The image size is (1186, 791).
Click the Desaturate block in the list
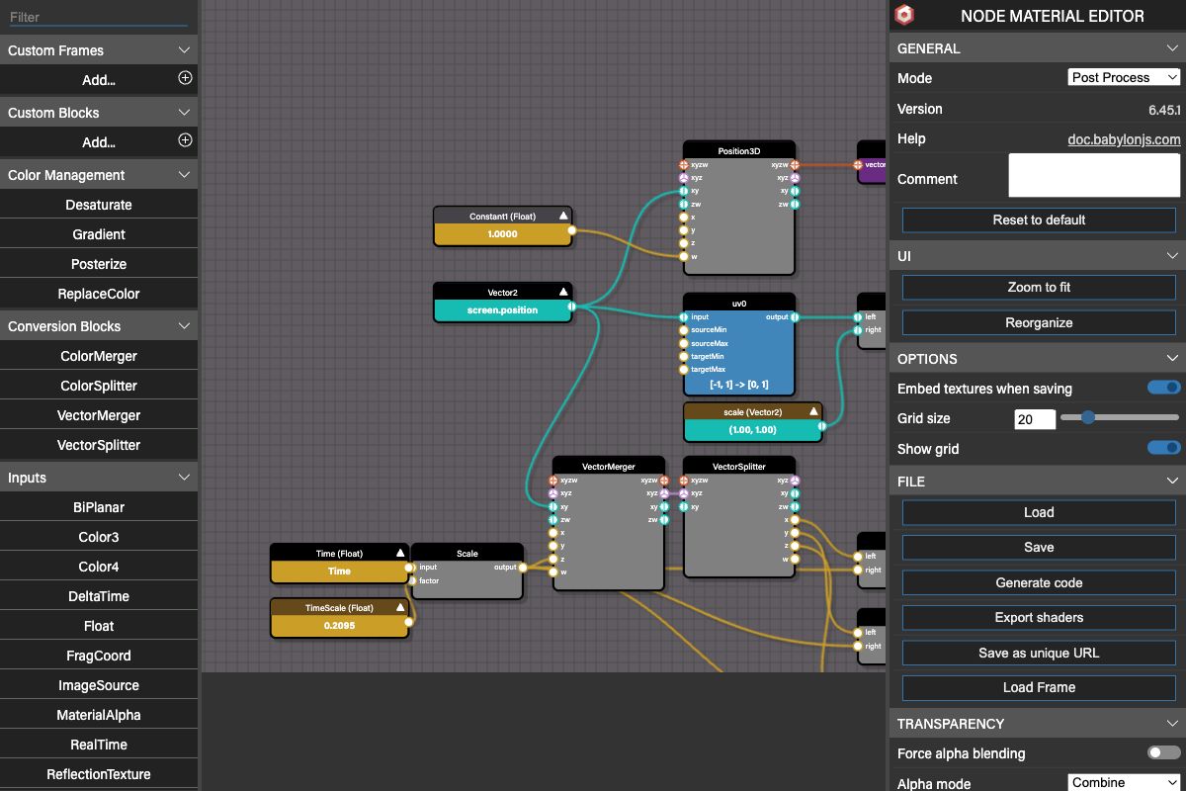tap(99, 205)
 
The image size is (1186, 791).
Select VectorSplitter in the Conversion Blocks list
tap(99, 445)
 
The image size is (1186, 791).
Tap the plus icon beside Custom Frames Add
tap(185, 78)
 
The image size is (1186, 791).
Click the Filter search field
tap(99, 17)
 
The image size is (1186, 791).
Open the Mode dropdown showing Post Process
tap(1124, 77)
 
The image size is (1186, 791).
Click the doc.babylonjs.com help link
tap(1124, 139)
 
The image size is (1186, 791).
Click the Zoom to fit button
tap(1039, 287)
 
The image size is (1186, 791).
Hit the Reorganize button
tap(1039, 322)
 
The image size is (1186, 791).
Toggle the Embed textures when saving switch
tap(1164, 388)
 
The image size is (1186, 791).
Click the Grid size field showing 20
tap(1035, 419)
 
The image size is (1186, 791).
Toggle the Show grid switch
tap(1164, 448)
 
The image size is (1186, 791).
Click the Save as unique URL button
tap(1039, 653)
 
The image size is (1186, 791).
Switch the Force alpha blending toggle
tap(1164, 752)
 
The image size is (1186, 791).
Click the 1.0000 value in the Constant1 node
tap(502, 234)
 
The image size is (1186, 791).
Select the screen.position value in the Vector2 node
tap(502, 310)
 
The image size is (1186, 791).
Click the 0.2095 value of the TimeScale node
tap(339, 626)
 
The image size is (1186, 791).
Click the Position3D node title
tap(738, 151)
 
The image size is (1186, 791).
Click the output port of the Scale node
tap(523, 568)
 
